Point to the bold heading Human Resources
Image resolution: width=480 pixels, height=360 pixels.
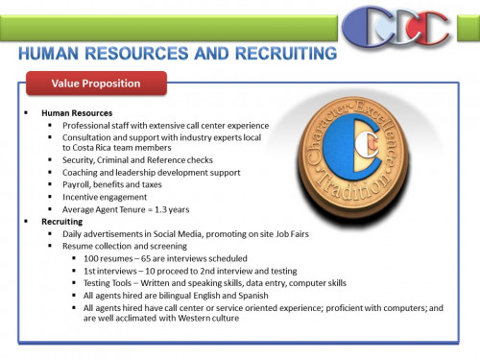coord(75,113)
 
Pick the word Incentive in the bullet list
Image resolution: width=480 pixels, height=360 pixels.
coord(81,195)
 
